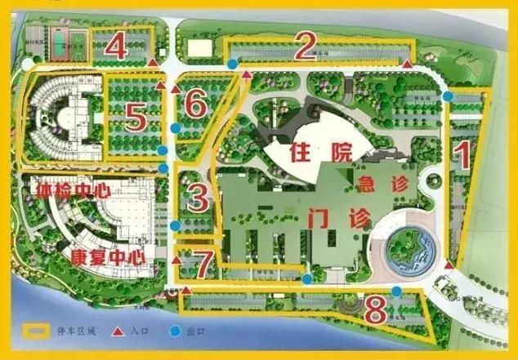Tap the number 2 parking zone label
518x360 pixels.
tap(305, 48)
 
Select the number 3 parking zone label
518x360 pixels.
tap(198, 196)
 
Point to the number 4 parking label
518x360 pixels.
tap(117, 46)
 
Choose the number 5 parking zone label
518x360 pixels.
tap(136, 118)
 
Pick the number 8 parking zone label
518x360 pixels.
tap(375, 310)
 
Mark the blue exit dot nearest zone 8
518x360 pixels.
tap(396, 291)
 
